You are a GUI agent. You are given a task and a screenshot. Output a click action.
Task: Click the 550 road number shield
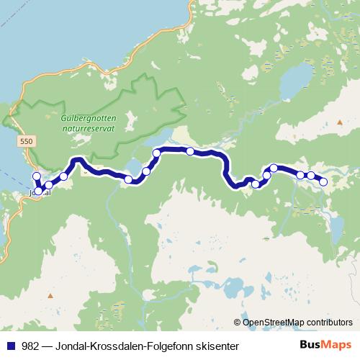click(x=27, y=143)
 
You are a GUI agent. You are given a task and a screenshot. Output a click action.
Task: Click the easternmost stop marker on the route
click(x=323, y=181)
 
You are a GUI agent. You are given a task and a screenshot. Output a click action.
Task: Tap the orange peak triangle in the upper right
click(x=340, y=123)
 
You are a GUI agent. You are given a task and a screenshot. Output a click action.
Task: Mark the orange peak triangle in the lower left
click(x=50, y=296)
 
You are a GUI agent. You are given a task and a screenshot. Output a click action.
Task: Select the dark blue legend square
click(x=9, y=346)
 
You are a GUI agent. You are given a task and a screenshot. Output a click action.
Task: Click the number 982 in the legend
click(x=31, y=346)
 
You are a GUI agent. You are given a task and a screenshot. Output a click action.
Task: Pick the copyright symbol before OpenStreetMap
click(x=238, y=322)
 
